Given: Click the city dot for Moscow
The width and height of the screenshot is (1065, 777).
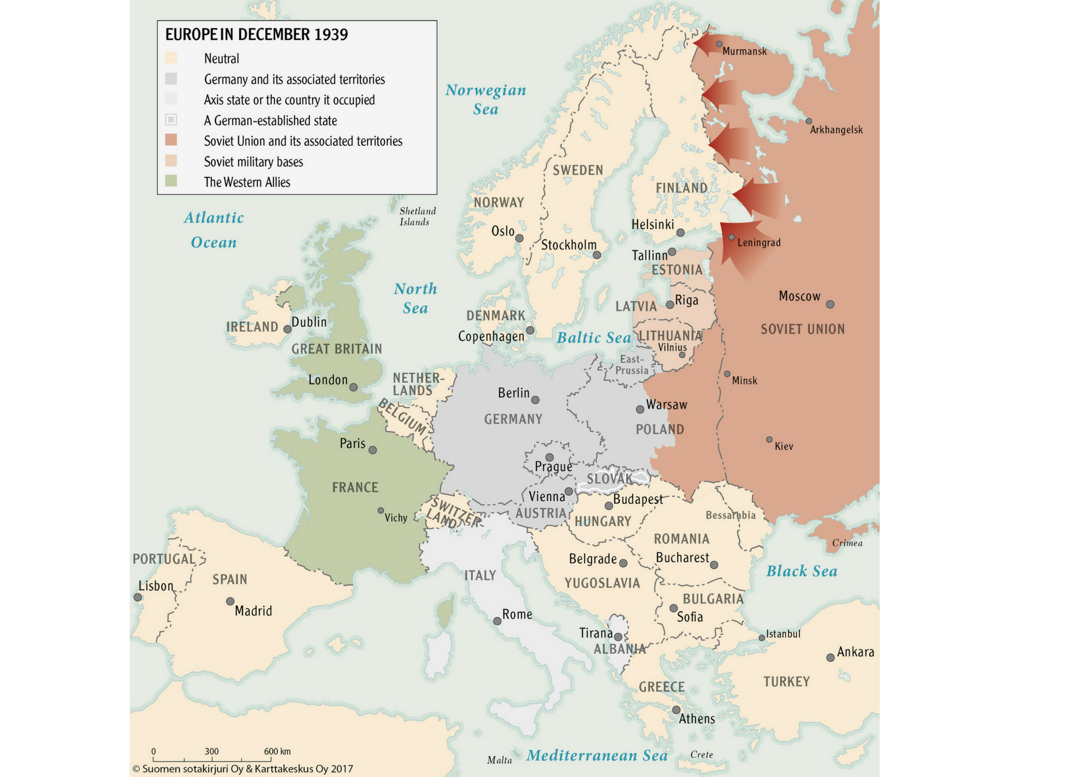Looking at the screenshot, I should (x=830, y=304).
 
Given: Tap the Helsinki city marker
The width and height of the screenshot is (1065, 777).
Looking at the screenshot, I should (x=680, y=233).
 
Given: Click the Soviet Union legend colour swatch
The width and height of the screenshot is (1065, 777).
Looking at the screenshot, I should (x=171, y=140).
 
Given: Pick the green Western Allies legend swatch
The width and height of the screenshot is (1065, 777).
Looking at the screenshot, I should (x=171, y=181).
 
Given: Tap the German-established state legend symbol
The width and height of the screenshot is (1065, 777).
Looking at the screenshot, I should (x=171, y=119).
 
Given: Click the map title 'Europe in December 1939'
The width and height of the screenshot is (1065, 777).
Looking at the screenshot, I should (x=256, y=34).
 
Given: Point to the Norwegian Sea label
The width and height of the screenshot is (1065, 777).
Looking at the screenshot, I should (x=485, y=99).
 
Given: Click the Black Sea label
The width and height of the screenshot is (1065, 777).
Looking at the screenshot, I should (x=801, y=571).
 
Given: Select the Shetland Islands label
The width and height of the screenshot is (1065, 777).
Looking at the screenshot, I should (x=417, y=216).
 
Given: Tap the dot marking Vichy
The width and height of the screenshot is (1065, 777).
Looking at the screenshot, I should (x=381, y=511).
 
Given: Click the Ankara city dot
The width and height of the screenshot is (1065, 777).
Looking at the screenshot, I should (x=830, y=658).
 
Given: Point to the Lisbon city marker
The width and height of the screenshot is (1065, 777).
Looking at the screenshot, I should (x=138, y=597).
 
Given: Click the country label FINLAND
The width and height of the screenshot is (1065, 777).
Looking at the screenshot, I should (x=681, y=188).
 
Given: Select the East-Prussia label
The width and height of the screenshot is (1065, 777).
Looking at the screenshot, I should (x=631, y=365).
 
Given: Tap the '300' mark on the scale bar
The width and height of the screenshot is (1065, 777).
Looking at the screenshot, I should (x=211, y=751).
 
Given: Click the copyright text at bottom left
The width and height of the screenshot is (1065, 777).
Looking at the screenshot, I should (x=242, y=769).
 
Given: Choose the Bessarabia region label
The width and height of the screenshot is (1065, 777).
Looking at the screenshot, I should (x=730, y=515).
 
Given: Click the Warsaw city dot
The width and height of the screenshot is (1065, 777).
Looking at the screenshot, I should (x=640, y=409).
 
